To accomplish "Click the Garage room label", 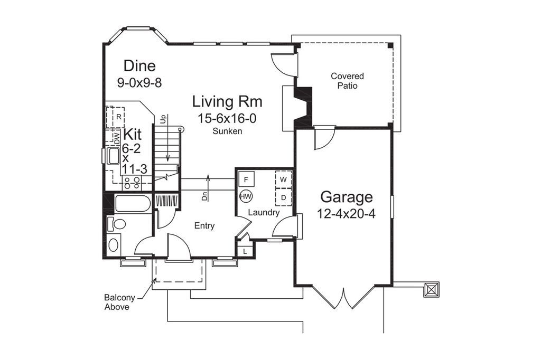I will (x=346, y=197).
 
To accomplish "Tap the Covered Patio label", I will (x=347, y=80).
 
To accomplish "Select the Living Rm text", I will (x=227, y=101).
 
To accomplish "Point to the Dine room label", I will (x=139, y=66).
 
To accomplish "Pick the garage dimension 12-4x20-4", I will (x=346, y=215).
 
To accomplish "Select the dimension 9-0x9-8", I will (x=139, y=82).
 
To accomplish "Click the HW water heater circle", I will (x=246, y=196).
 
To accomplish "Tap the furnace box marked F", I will (x=247, y=179).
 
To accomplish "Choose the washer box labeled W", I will (x=283, y=179).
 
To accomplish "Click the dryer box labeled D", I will (x=283, y=197).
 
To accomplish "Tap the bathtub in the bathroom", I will (x=133, y=204).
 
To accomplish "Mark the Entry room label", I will (x=204, y=226).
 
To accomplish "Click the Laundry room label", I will (x=264, y=213).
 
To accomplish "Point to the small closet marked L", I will (x=245, y=251).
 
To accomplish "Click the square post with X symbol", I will (x=431, y=289).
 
